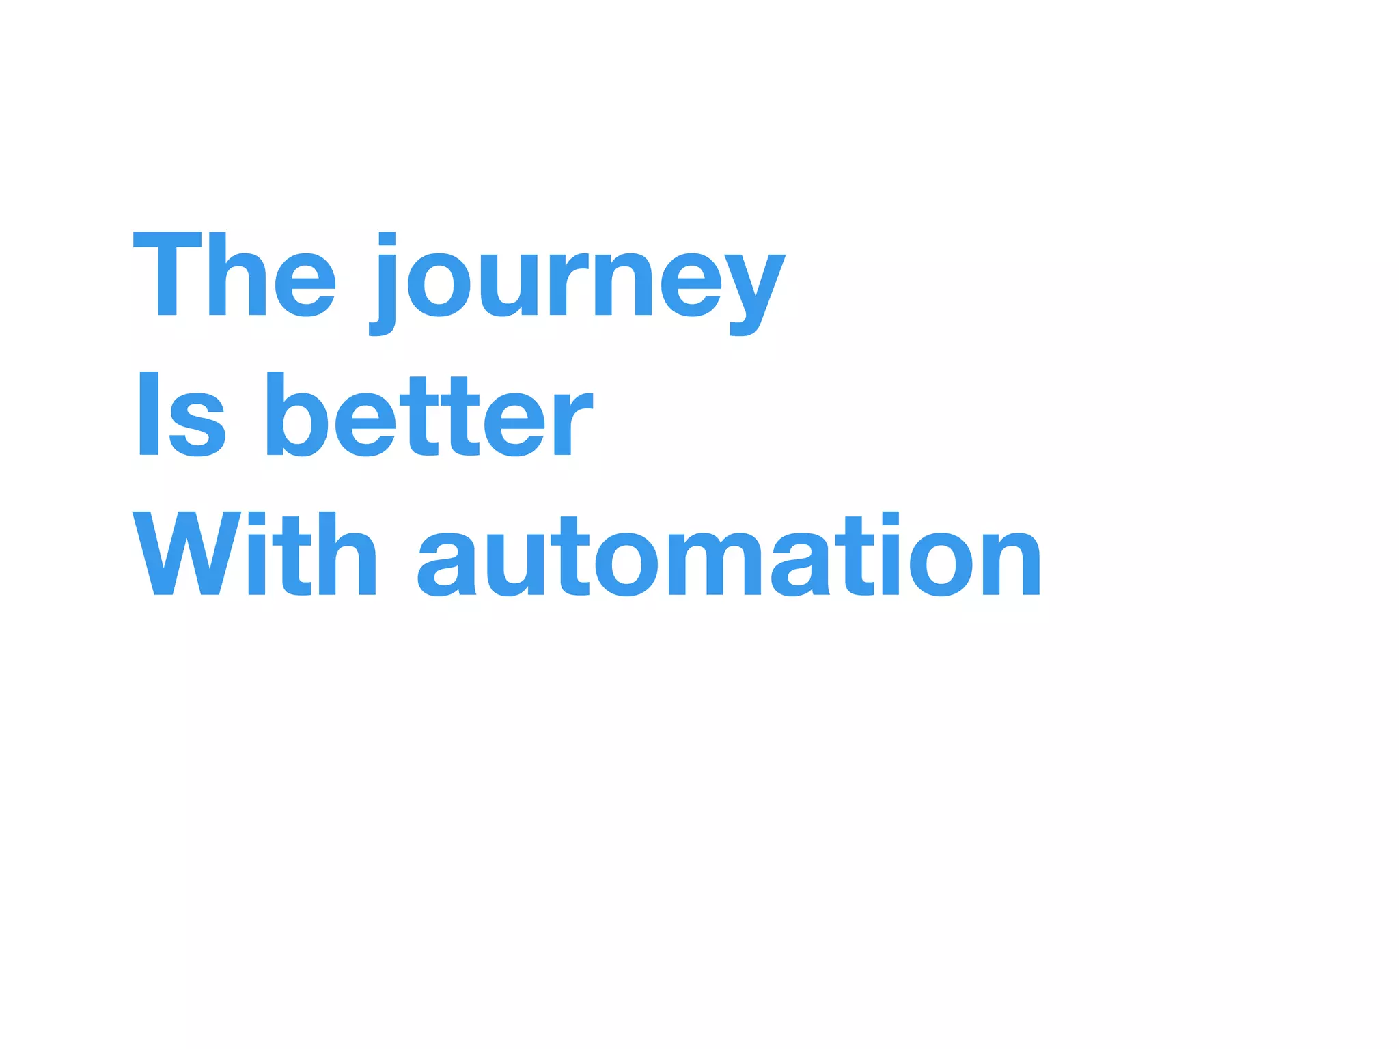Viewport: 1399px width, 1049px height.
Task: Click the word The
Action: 234,275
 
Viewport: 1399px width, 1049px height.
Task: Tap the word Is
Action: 180,414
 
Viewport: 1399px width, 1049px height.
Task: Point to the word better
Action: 429,414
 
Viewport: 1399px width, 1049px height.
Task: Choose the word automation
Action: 730,555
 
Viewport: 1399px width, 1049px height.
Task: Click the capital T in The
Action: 167,275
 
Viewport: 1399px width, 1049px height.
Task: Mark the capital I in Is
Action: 149,414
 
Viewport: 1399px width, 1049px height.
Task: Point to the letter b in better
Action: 288,414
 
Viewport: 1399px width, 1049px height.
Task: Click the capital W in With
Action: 186,553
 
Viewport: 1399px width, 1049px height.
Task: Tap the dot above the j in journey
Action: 387,238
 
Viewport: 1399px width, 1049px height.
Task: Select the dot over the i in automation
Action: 891,518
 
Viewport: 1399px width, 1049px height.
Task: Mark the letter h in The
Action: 237,275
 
